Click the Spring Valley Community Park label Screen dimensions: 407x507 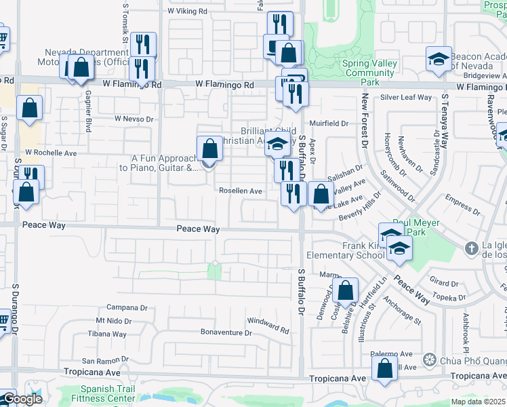[369, 73]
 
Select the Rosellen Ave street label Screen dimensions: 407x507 [240, 191]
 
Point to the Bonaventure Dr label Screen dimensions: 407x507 [226, 332]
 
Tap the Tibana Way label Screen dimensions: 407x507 [107, 334]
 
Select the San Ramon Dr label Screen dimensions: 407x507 [105, 361]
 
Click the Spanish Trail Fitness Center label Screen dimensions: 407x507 [108, 393]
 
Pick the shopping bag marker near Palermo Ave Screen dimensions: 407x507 [385, 369]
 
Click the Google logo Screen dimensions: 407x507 [22, 399]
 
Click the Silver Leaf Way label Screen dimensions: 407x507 [405, 97]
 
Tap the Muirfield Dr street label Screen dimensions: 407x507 [329, 123]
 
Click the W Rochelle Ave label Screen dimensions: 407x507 [51, 153]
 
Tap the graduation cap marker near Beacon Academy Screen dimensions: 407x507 [439, 60]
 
